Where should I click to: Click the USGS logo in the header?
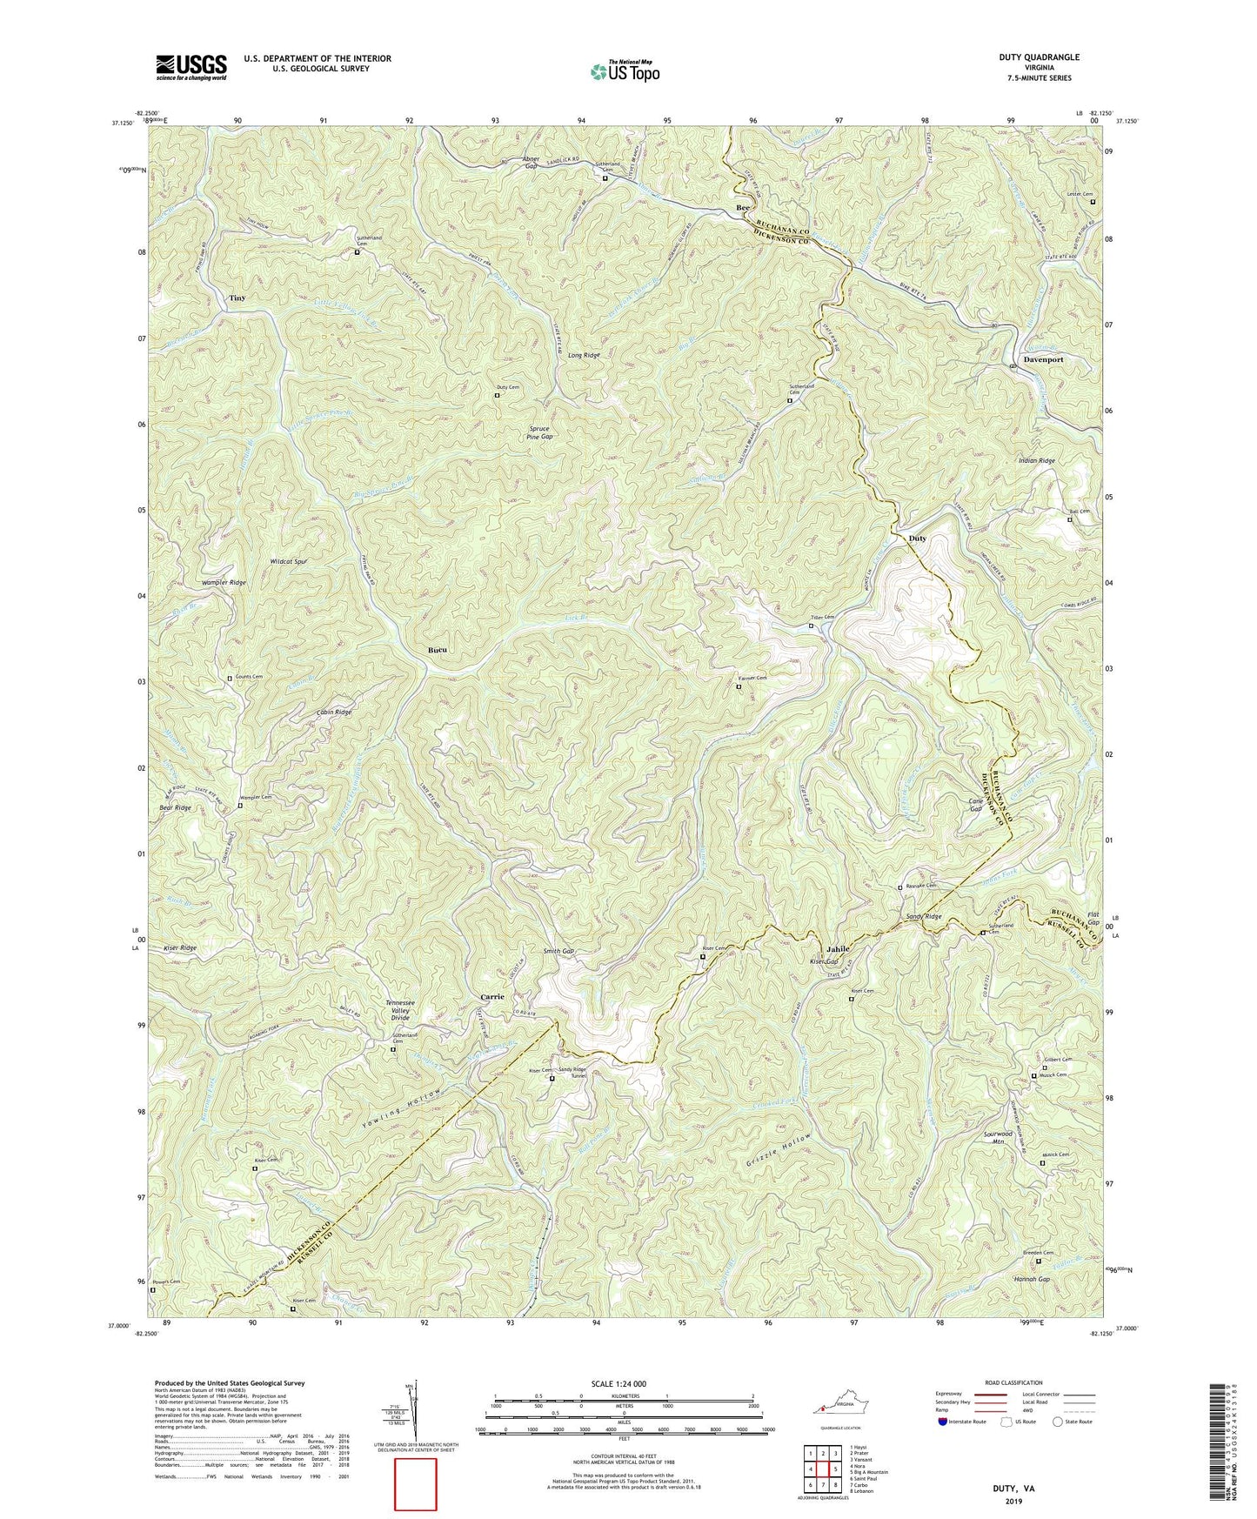(x=191, y=67)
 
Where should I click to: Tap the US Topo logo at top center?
(x=624, y=71)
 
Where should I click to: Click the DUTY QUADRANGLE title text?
(x=1040, y=57)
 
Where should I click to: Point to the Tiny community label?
(x=237, y=298)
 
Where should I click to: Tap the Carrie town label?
(x=492, y=997)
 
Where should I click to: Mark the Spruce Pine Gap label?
(x=540, y=432)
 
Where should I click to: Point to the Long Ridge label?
(x=584, y=355)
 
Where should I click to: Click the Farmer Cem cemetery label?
(x=753, y=678)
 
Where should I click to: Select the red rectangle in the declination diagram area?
(x=415, y=1484)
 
